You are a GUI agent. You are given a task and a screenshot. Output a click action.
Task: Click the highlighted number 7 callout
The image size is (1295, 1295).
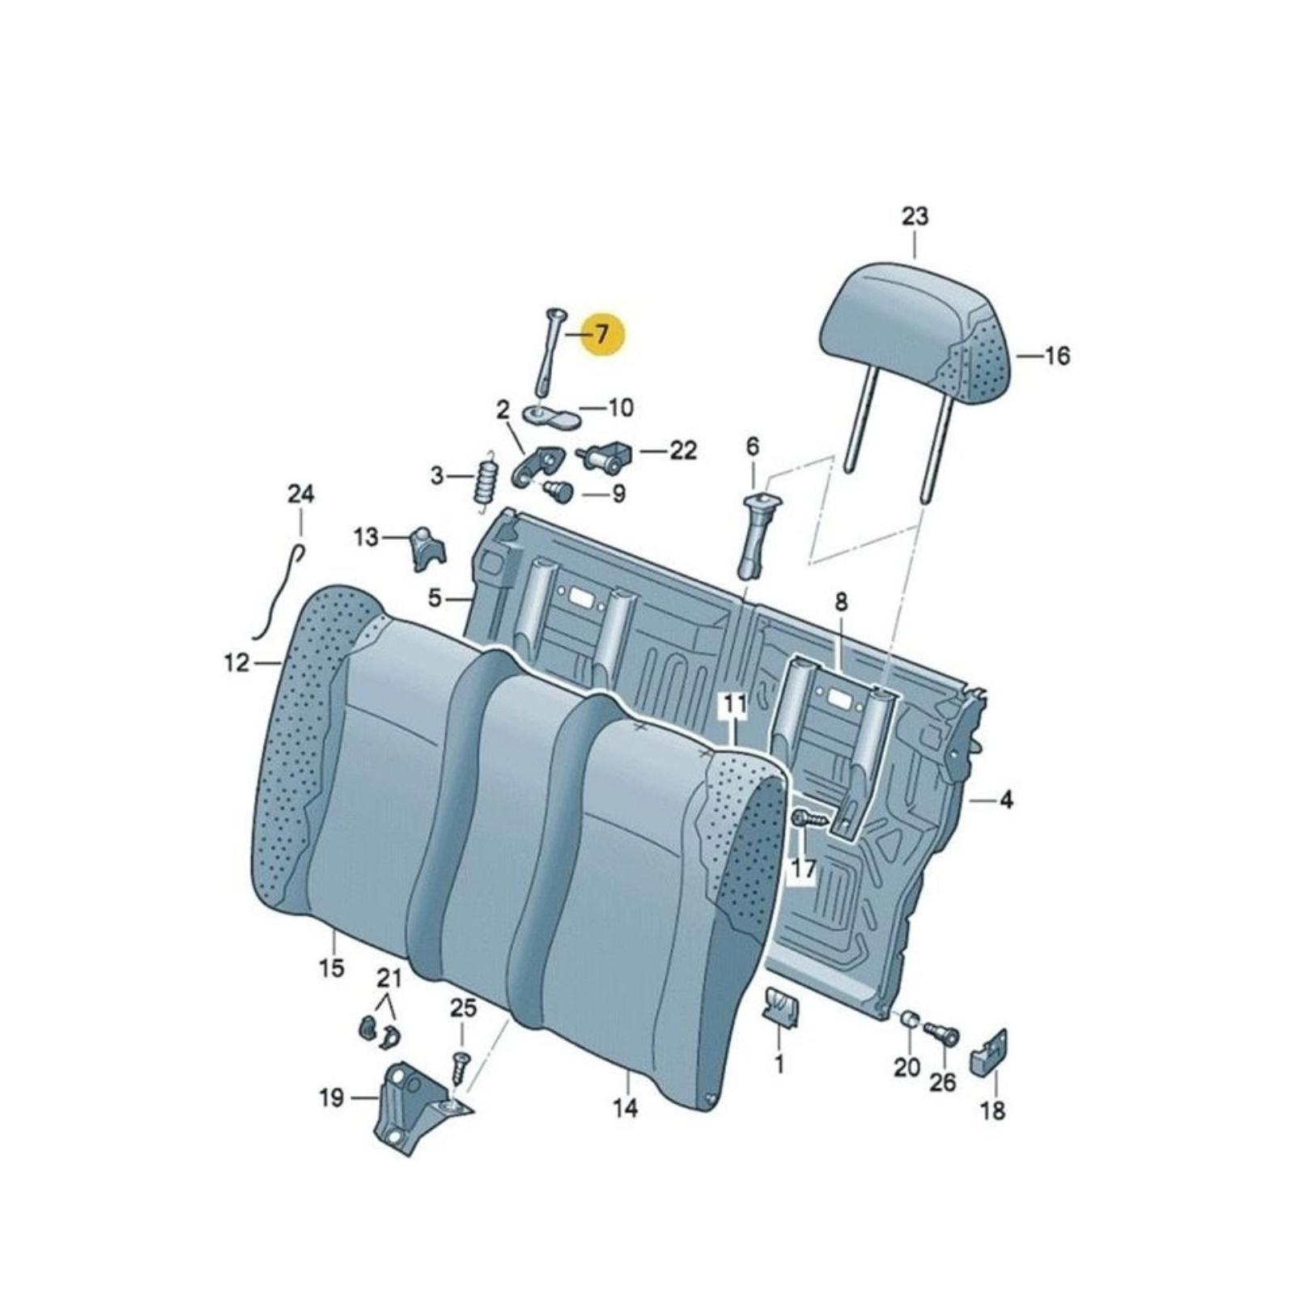pyautogui.click(x=601, y=333)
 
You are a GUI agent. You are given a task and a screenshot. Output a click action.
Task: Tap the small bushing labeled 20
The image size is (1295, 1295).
pyautogui.click(x=908, y=1017)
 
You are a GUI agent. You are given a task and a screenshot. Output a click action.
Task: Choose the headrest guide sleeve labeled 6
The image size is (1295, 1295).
pyautogui.click(x=758, y=535)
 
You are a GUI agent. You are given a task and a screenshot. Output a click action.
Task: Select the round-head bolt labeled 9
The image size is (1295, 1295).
pyautogui.click(x=558, y=490)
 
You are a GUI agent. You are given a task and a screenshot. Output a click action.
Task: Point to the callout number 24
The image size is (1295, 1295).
pyautogui.click(x=301, y=494)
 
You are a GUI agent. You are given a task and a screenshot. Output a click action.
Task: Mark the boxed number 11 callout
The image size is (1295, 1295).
pyautogui.click(x=734, y=705)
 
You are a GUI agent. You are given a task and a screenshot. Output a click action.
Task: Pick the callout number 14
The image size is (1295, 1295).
pyautogui.click(x=626, y=1107)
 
